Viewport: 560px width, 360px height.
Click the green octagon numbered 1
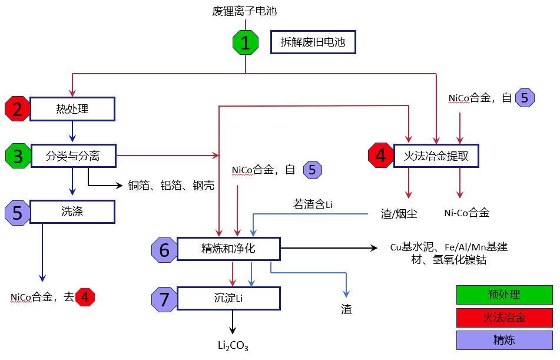click(246, 42)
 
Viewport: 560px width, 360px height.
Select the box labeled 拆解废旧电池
click(313, 42)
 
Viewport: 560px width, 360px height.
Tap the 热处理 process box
click(72, 109)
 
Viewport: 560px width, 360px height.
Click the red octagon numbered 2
click(17, 109)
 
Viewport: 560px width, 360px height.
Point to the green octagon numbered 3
click(18, 156)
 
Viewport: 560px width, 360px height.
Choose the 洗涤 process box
click(72, 211)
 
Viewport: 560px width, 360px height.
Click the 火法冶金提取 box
click(436, 156)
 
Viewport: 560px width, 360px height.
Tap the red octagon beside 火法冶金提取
click(380, 156)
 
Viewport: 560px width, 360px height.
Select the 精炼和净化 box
click(228, 249)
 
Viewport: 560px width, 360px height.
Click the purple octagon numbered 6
click(164, 250)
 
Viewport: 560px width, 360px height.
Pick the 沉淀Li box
click(228, 298)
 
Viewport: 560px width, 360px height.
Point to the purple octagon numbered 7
click(164, 299)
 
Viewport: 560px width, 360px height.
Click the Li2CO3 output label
click(233, 345)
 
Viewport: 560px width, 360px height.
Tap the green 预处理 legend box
click(504, 295)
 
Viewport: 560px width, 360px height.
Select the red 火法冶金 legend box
click(504, 318)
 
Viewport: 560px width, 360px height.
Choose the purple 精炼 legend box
click(504, 340)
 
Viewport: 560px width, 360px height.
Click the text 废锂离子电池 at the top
click(244, 11)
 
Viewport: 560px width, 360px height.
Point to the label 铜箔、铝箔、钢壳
click(171, 186)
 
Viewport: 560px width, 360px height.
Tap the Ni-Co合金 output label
click(466, 213)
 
